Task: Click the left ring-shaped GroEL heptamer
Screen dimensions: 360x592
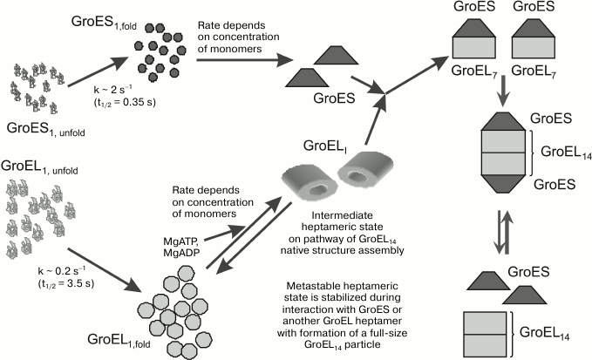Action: pyautogui.click(x=302, y=181)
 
